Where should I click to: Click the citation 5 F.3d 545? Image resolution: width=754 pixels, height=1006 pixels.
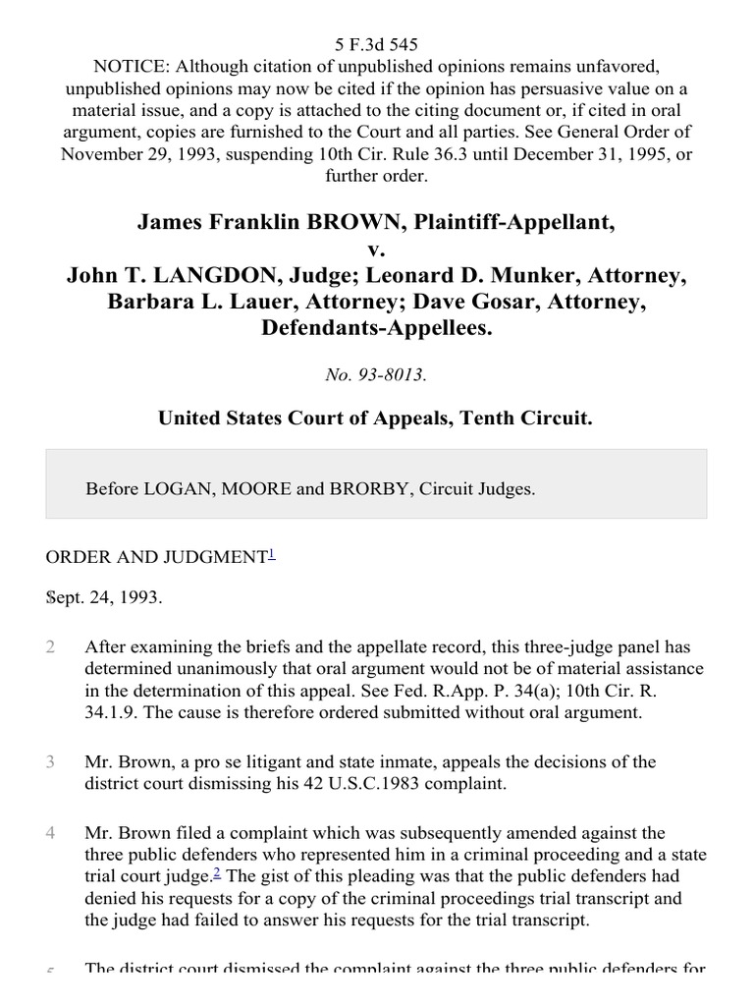(377, 44)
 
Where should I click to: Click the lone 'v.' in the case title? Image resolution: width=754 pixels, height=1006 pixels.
(377, 250)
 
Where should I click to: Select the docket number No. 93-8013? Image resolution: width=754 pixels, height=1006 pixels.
(377, 373)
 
